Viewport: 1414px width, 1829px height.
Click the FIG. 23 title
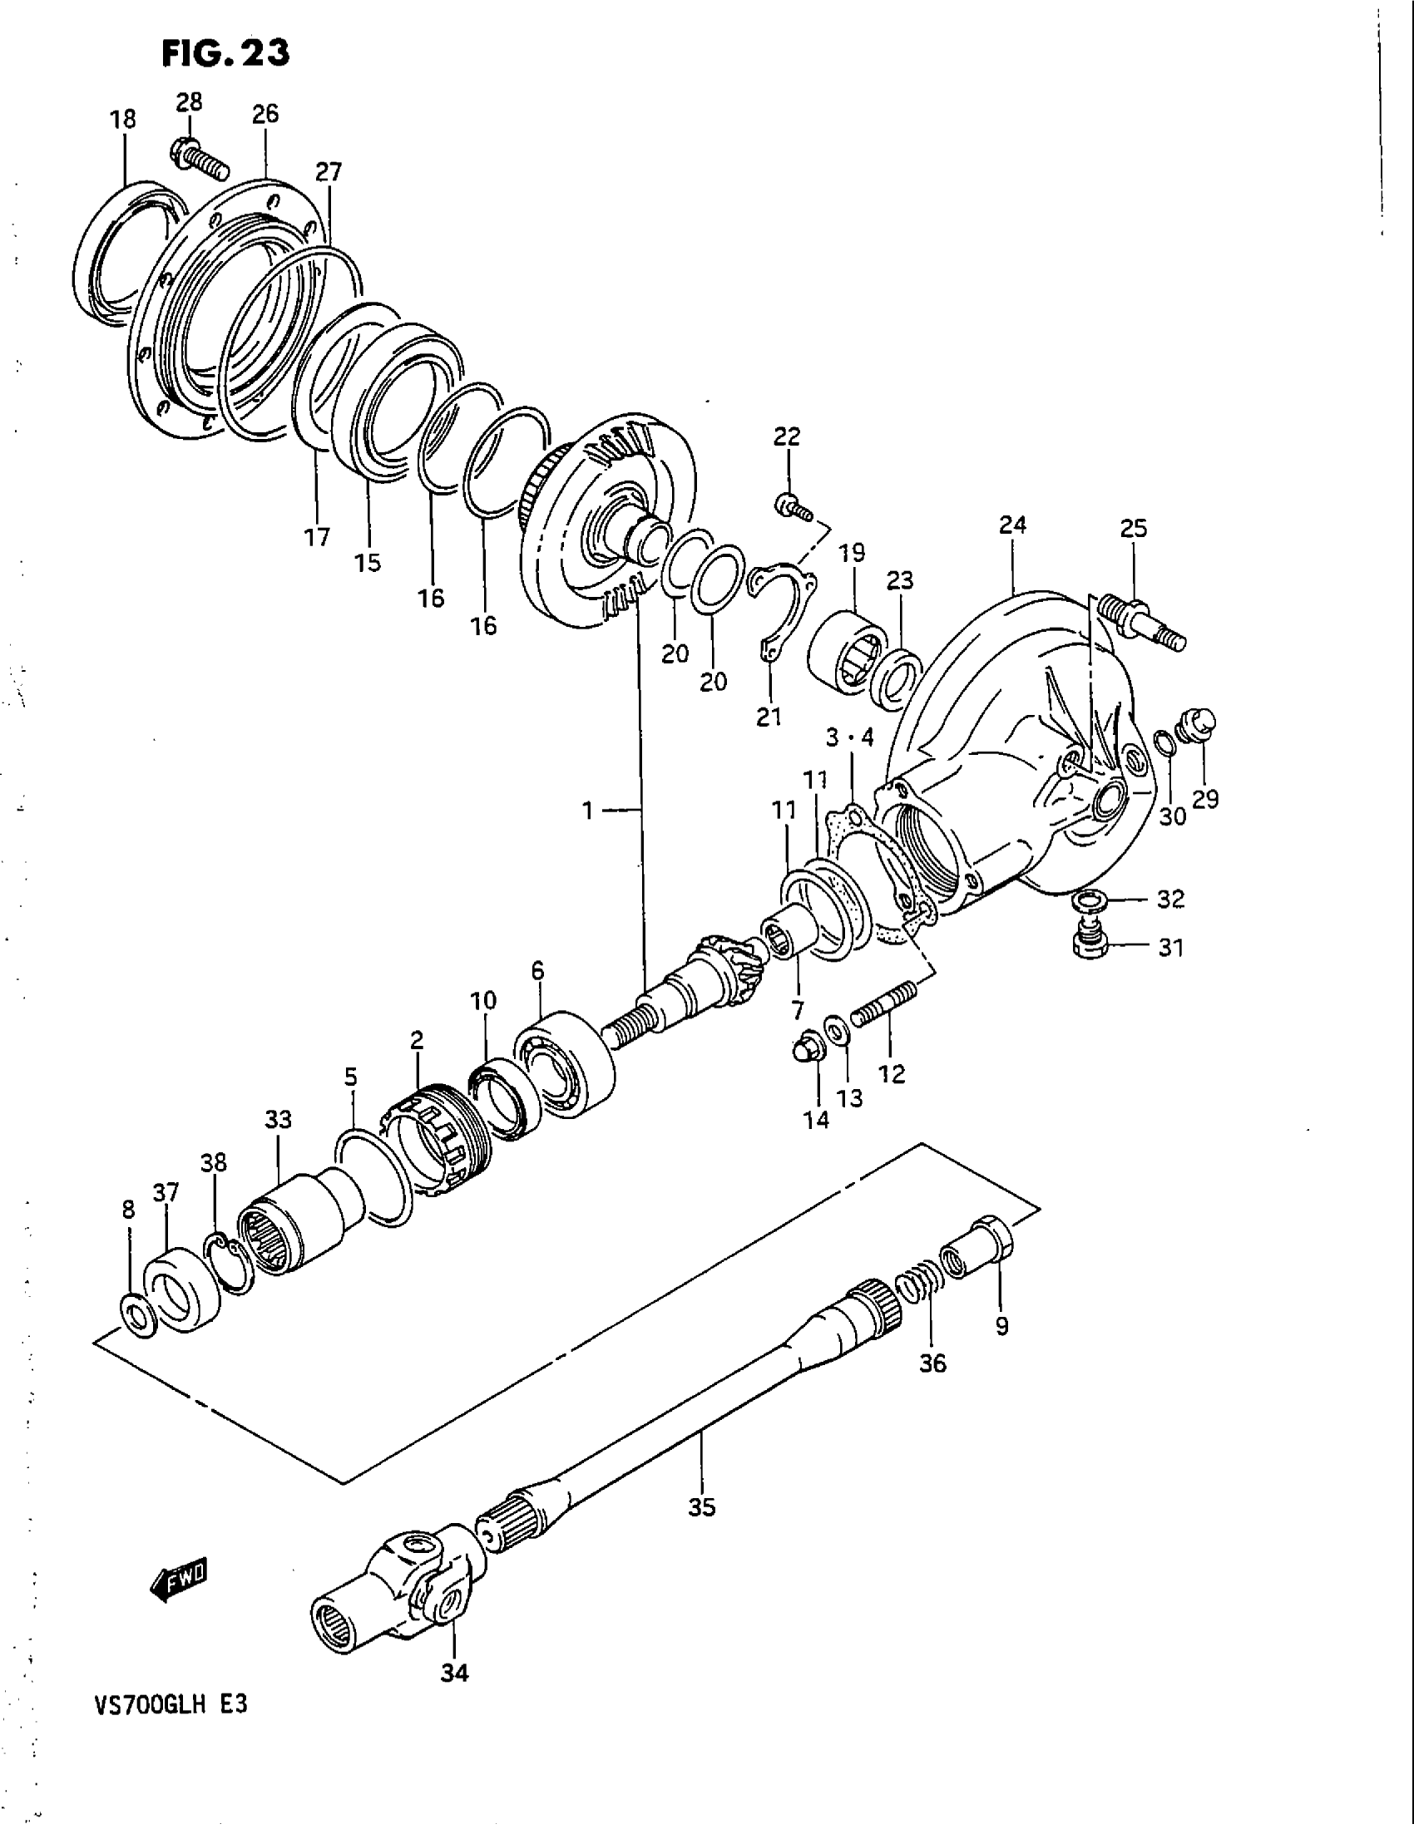coord(225,53)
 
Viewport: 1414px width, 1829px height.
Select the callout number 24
coord(1012,525)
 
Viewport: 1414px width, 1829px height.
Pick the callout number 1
coord(588,810)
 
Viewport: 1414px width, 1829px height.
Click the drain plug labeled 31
coord(1090,938)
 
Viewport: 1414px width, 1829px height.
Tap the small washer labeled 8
coord(136,1317)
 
